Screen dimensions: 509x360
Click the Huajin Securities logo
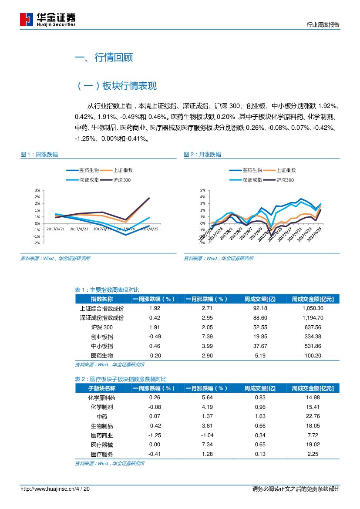coord(48,19)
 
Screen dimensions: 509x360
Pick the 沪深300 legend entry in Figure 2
coord(285,179)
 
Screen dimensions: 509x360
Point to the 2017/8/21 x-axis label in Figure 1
coord(56,229)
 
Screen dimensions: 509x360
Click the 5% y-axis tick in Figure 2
coord(202,190)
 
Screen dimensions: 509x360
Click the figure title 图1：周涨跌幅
coord(39,155)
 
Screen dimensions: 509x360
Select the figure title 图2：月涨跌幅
coord(202,155)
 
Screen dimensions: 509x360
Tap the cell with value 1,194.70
coord(313,318)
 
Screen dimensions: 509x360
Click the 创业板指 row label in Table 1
coord(102,337)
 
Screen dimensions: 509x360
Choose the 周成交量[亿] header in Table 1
coord(260,299)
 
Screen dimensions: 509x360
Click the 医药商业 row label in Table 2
coord(102,435)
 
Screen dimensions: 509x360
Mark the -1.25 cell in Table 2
coord(155,435)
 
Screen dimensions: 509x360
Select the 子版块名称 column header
coord(102,388)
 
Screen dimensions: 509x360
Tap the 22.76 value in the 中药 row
coord(313,416)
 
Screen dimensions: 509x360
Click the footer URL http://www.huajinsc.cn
coord(48,489)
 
